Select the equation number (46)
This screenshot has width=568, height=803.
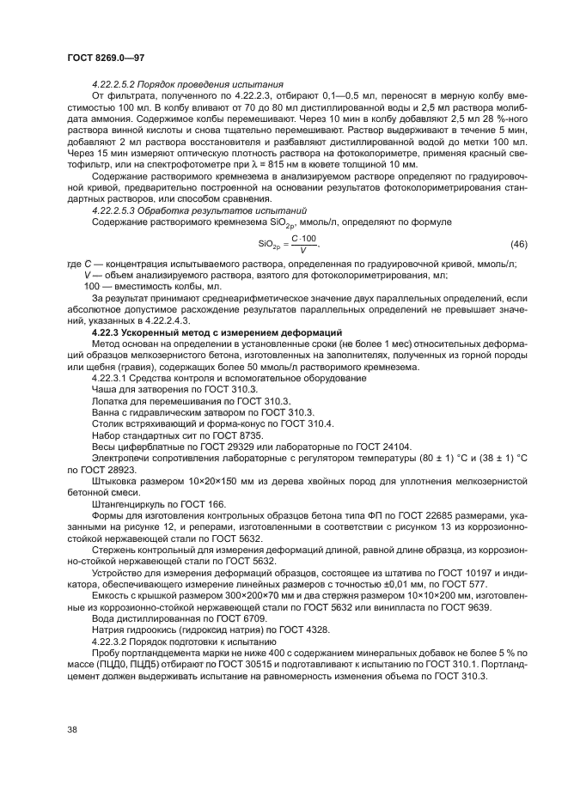519,243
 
